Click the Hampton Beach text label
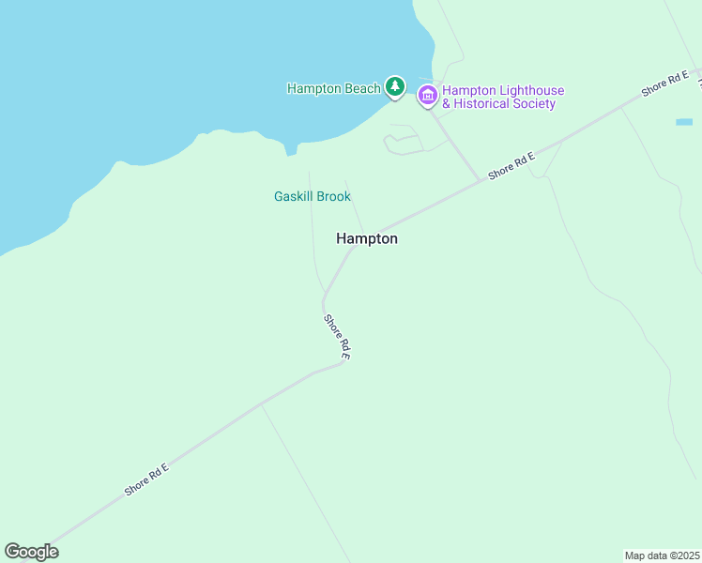pos(333,88)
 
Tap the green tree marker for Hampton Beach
pos(395,87)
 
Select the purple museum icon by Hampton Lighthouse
pos(428,94)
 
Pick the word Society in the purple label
pos(535,104)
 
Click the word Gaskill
pos(294,196)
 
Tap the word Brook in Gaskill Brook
pos(333,196)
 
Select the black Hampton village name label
pos(367,239)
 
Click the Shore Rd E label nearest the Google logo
pos(145,479)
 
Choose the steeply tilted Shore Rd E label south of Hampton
pos(337,337)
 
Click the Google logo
pos(31,552)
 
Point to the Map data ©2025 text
pos(662,555)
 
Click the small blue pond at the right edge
pos(683,122)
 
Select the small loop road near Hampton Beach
pos(402,143)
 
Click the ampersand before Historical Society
pos(447,104)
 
